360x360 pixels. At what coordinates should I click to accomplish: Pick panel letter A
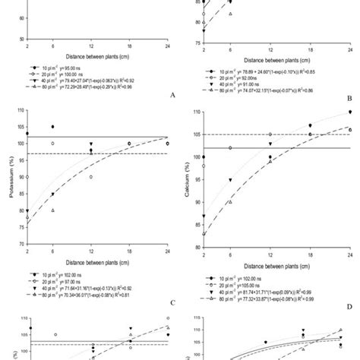[174, 96]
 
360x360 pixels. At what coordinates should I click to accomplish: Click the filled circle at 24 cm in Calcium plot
[350, 112]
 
